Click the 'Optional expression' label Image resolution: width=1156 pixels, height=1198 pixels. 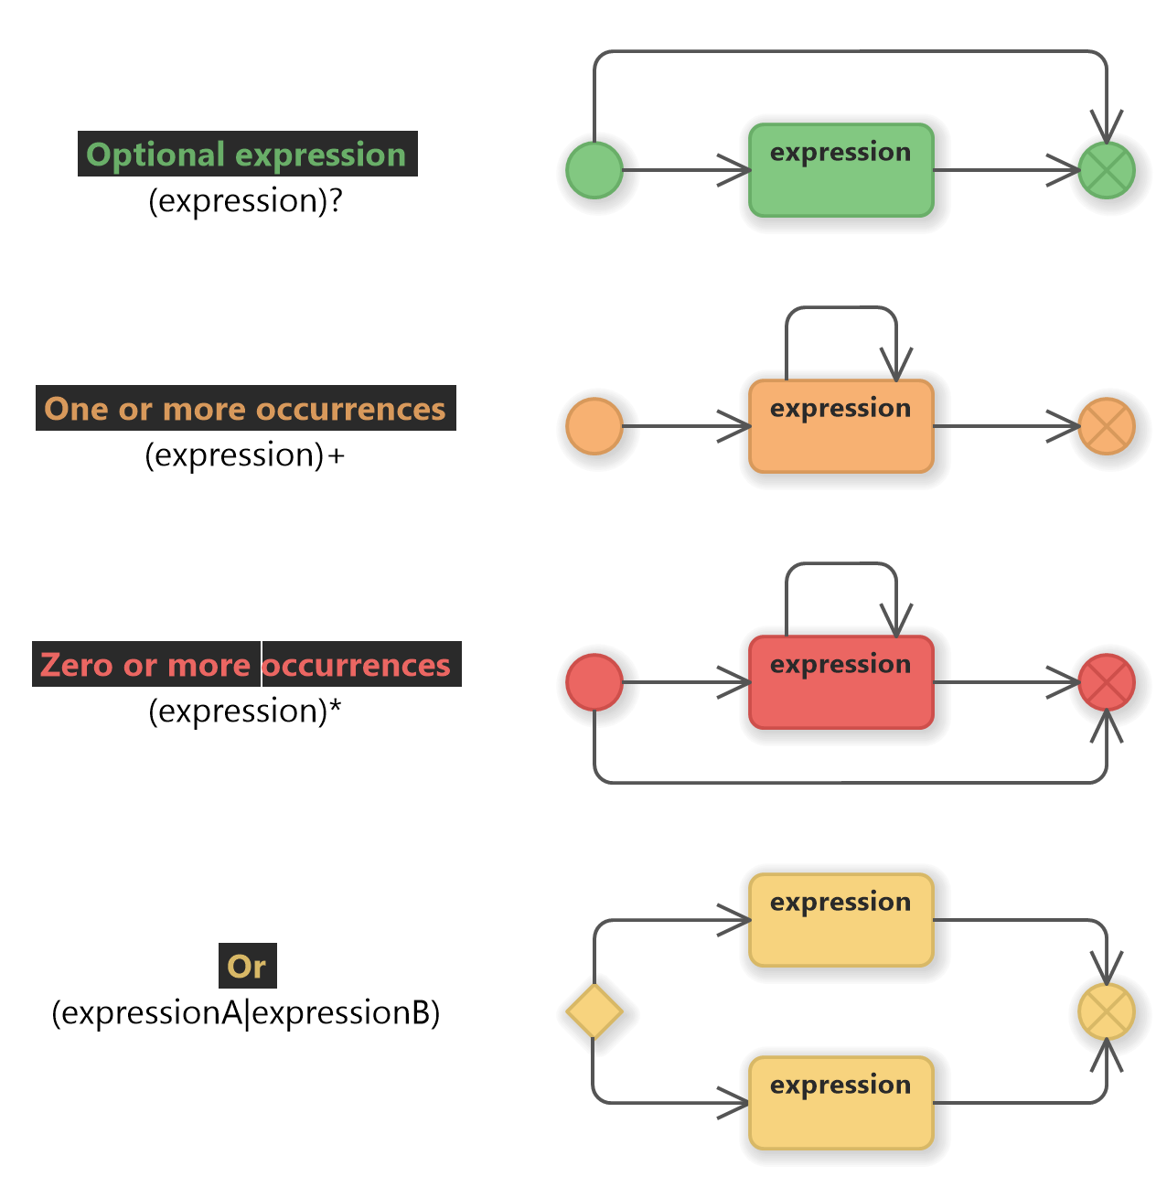click(x=246, y=155)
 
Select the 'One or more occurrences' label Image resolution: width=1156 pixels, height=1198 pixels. click(x=245, y=409)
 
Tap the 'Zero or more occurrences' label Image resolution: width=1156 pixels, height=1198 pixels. click(x=245, y=665)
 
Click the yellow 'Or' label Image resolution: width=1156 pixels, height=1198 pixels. click(x=247, y=967)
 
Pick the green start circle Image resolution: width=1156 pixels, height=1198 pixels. click(x=594, y=170)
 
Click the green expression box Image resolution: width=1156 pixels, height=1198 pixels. click(x=841, y=171)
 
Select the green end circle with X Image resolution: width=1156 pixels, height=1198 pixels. click(x=1107, y=171)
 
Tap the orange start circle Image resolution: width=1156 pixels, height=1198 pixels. click(x=594, y=426)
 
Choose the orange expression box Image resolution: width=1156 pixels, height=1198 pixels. click(x=841, y=427)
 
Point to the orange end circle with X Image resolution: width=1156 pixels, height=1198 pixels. click(x=1107, y=427)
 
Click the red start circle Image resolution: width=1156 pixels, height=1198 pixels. click(x=594, y=682)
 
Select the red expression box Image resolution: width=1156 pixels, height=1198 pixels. click(x=841, y=683)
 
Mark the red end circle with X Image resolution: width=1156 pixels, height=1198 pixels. click(x=1107, y=683)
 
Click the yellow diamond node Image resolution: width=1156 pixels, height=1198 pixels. click(x=594, y=1011)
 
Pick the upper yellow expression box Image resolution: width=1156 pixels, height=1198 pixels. click(x=841, y=921)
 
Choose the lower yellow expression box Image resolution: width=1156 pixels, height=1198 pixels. click(x=841, y=1104)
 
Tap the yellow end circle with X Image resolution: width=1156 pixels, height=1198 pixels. click(x=1107, y=1012)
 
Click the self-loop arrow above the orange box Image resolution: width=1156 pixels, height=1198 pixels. click(x=841, y=308)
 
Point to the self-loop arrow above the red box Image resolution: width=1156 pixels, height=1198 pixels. click(x=841, y=564)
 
